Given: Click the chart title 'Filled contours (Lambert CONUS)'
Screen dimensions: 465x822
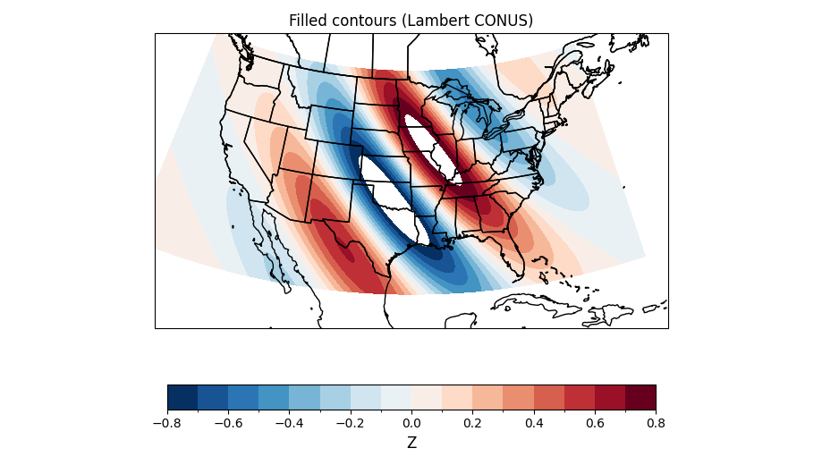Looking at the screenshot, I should coord(411,21).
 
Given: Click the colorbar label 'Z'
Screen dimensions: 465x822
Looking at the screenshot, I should coord(411,443).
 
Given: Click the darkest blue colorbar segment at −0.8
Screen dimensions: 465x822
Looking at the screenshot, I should coord(182,397).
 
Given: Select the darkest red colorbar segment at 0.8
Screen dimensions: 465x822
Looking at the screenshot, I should coord(640,397).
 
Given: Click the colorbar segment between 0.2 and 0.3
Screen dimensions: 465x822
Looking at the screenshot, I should coord(487,397).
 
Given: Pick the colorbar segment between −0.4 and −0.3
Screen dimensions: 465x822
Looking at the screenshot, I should coord(304,397).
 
